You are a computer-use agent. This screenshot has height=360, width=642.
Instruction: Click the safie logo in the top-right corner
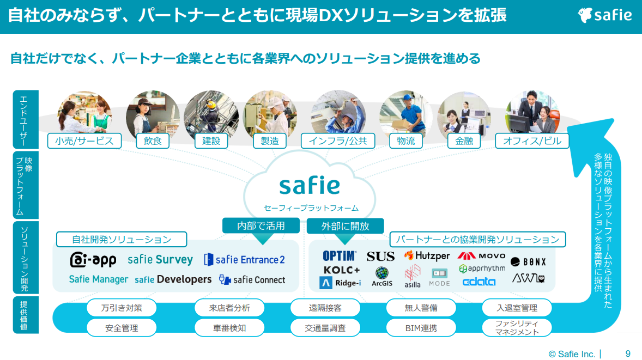605,15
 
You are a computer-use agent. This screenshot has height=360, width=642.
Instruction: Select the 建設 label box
211,141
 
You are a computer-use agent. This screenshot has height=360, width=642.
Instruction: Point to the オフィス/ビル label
531,141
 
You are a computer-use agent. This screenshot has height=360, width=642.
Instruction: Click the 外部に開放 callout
345,225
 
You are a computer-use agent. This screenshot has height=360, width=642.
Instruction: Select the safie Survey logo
160,259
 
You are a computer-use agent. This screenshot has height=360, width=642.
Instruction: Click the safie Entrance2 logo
244,260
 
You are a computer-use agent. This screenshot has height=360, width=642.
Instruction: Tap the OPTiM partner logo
339,255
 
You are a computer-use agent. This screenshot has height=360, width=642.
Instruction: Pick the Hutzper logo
427,255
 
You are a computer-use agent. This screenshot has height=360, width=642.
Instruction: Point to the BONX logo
528,262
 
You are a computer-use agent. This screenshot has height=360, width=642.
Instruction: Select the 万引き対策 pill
122,308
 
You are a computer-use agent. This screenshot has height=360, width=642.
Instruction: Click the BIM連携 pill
421,328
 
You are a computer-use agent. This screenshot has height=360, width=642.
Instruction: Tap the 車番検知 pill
229,328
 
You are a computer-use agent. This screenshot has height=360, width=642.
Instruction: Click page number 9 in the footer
628,353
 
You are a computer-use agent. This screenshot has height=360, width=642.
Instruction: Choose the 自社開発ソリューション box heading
122,239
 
